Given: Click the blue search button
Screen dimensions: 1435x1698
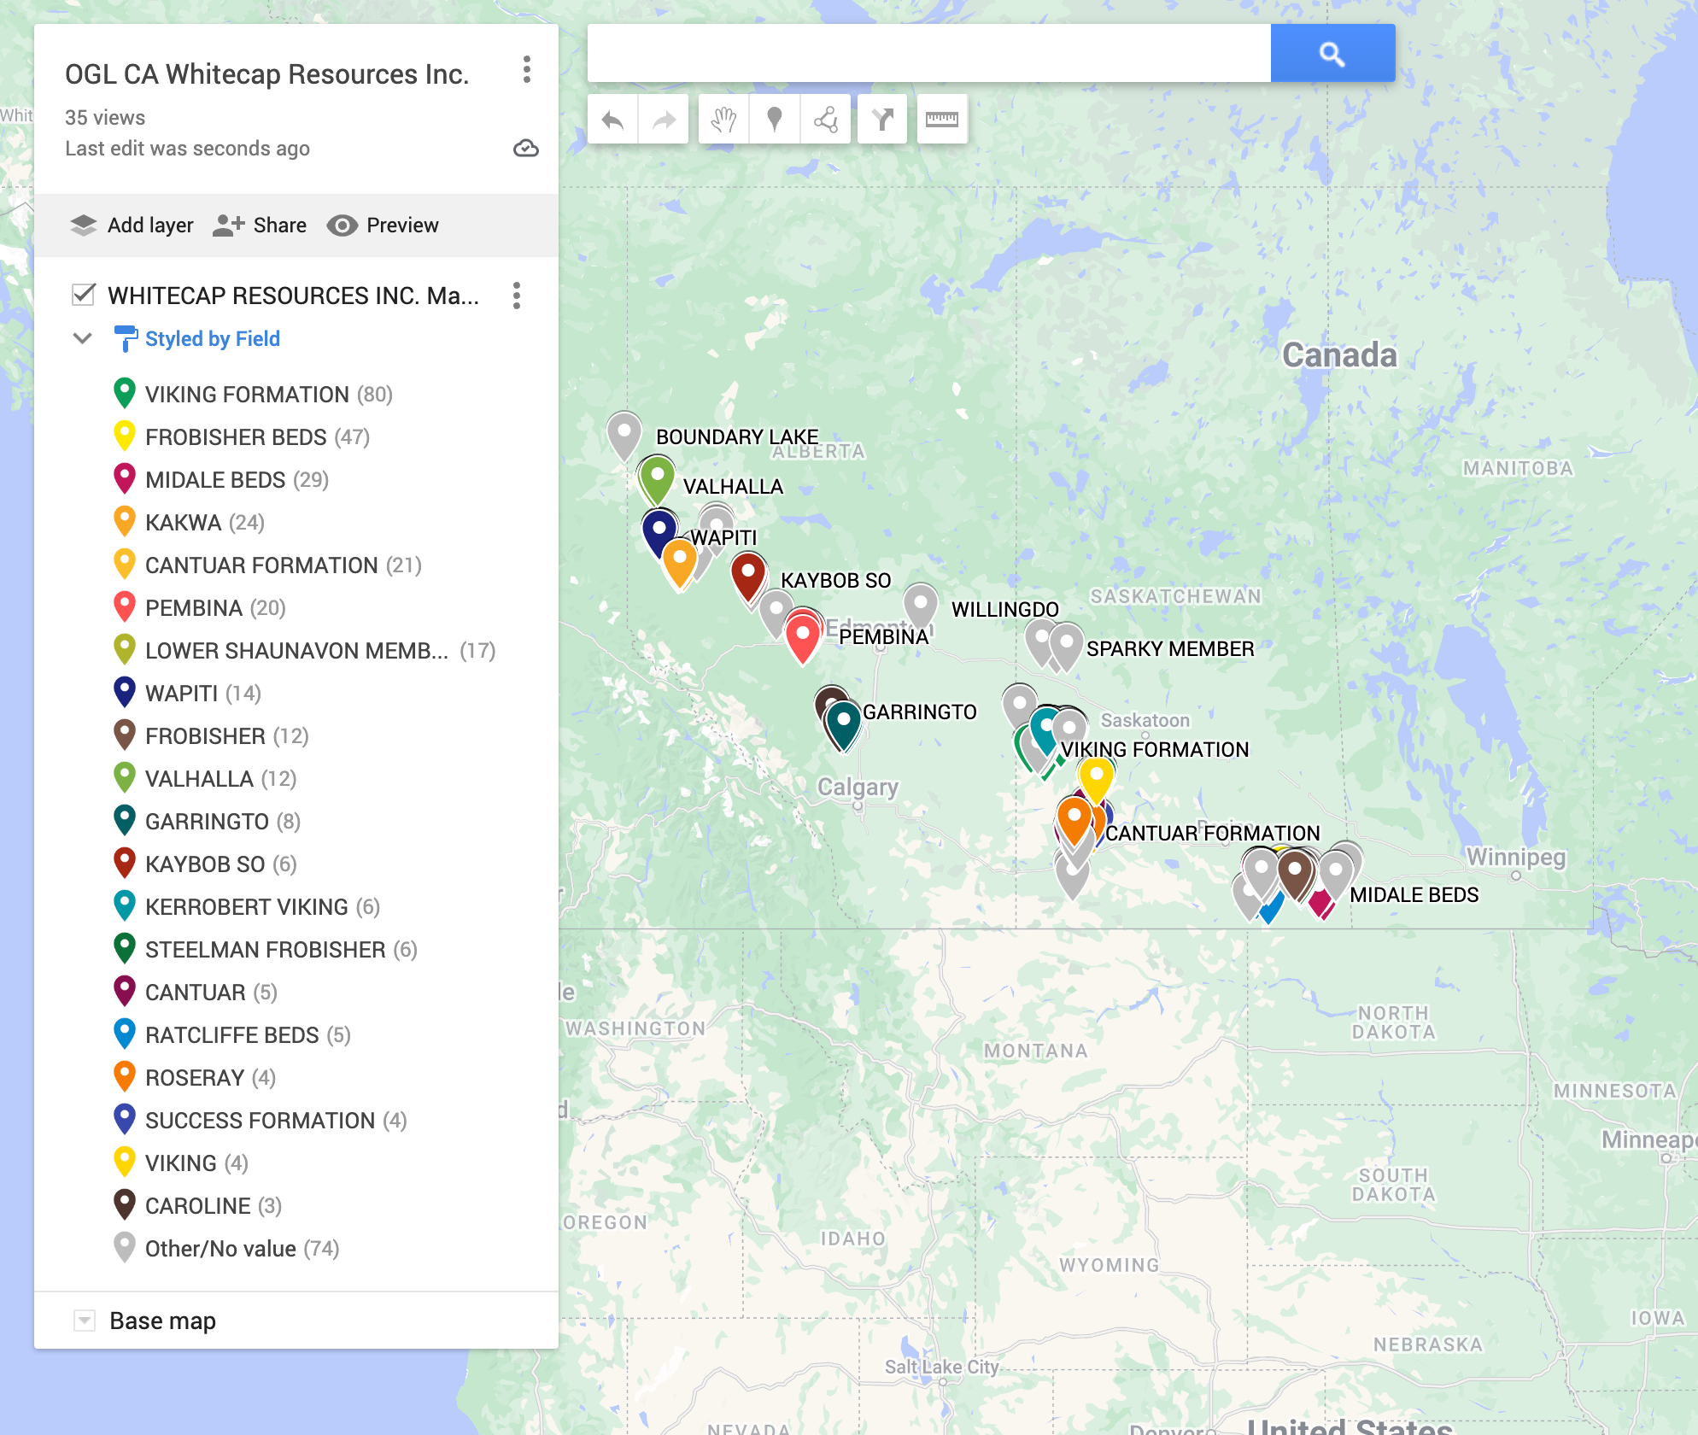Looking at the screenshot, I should pyautogui.click(x=1332, y=54).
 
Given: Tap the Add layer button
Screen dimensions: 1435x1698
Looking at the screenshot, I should pyautogui.click(x=132, y=225).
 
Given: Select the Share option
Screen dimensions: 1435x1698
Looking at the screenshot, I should pyautogui.click(x=261, y=225).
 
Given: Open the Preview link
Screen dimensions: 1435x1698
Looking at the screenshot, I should pyautogui.click(x=384, y=225).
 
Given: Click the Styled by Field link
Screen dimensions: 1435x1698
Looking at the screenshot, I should pyautogui.click(x=212, y=339).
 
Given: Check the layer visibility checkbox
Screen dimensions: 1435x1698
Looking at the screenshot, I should pyautogui.click(x=84, y=296).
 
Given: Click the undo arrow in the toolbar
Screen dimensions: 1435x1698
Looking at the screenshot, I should pyautogui.click(x=612, y=120).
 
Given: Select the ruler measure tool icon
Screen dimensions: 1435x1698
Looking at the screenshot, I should pyautogui.click(x=941, y=120).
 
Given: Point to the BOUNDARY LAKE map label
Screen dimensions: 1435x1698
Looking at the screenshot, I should pyautogui.click(x=736, y=437).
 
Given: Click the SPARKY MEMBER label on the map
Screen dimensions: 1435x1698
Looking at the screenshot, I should pyautogui.click(x=1169, y=649).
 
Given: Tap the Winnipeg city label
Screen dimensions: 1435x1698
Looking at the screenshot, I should pyautogui.click(x=1515, y=857).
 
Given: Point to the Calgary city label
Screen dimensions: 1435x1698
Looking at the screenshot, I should pyautogui.click(x=857, y=788).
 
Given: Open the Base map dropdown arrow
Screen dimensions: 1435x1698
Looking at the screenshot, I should pyautogui.click(x=85, y=1321).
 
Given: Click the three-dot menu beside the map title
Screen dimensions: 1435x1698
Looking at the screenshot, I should pyautogui.click(x=527, y=70).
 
